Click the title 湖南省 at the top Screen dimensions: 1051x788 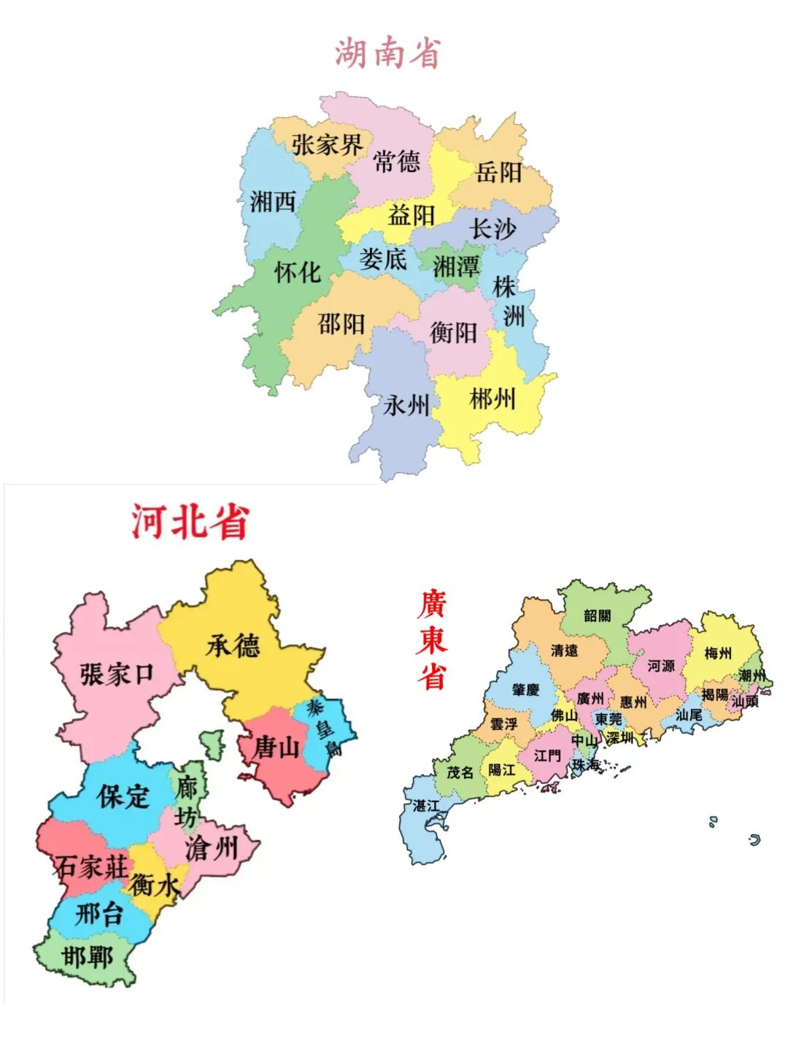pos(388,53)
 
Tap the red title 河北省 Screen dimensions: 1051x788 pos(190,522)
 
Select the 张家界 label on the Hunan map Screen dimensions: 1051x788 pos(327,145)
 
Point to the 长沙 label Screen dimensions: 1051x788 pos(493,228)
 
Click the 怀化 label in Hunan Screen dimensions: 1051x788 pos(298,272)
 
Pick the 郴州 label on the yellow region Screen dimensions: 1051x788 pos(492,399)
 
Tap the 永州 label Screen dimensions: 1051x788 pos(406,404)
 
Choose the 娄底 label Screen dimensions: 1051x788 pos(383,258)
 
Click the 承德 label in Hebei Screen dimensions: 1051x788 pos(233,646)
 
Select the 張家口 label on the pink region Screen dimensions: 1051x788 pos(117,674)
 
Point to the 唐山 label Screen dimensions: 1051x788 pos(277,747)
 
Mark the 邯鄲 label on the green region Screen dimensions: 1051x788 pos(88,956)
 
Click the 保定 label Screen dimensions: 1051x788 pos(123,796)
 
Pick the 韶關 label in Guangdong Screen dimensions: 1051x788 pos(597,616)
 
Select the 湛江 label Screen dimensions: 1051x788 pos(426,805)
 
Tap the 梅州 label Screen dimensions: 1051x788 pos(718,653)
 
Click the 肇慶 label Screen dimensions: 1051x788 pos(525,690)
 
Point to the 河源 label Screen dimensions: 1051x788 pos(661,666)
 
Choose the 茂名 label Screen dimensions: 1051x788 pos(460,771)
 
